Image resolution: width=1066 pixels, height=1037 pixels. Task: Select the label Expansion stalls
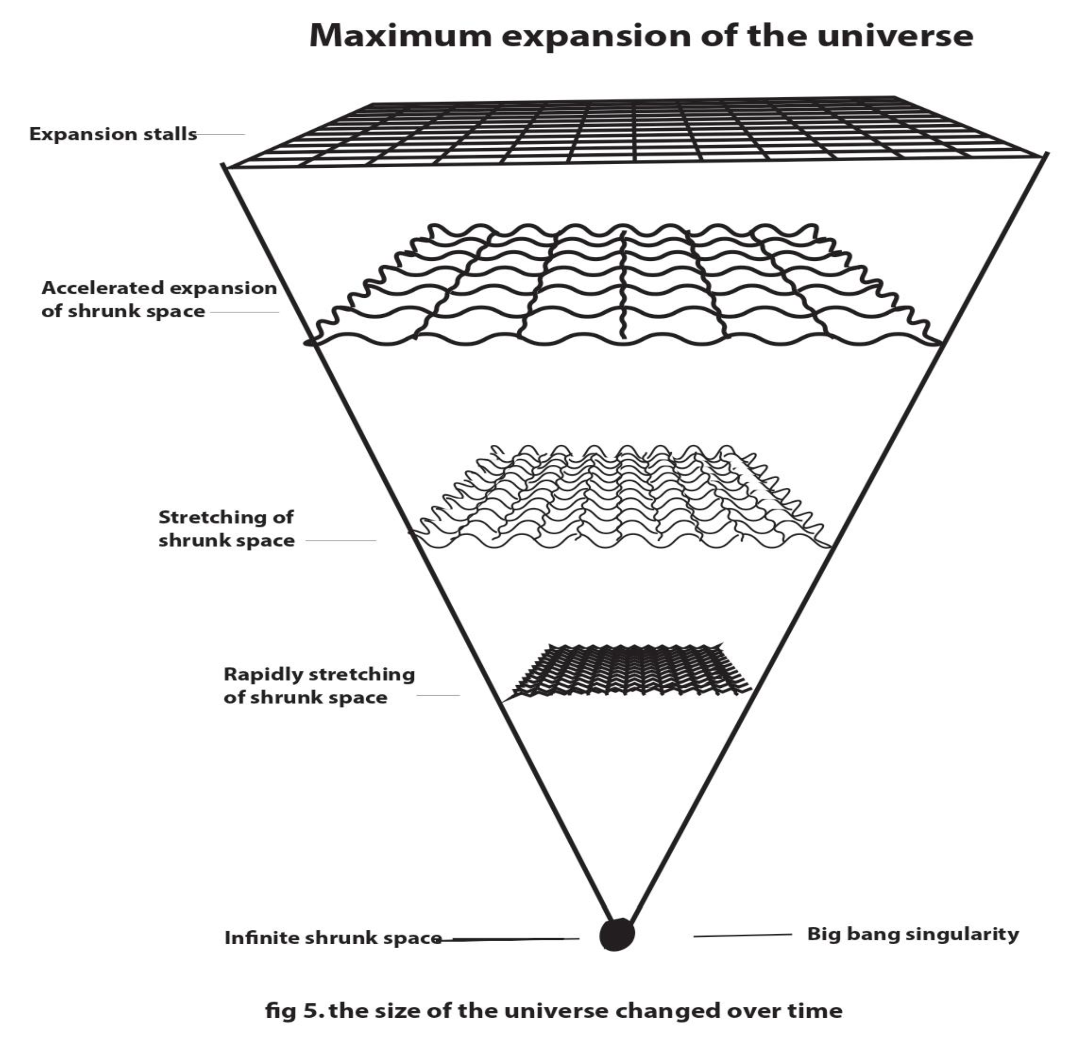tap(113, 134)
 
